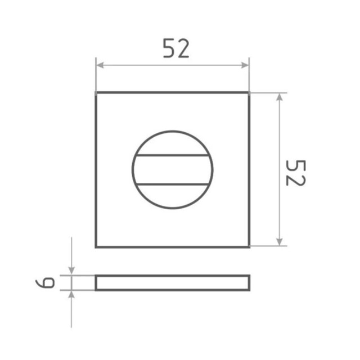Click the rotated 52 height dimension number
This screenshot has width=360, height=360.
click(x=294, y=172)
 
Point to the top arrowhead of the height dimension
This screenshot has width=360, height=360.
click(x=279, y=97)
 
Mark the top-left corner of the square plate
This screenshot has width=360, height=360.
click(x=96, y=93)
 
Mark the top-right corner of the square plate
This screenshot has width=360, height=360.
click(x=249, y=93)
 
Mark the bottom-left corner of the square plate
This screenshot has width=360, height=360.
click(x=96, y=246)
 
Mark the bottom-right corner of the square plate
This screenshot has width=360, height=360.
click(x=249, y=246)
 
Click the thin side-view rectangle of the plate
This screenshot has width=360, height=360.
click(x=172, y=283)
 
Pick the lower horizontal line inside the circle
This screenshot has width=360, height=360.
click(x=172, y=184)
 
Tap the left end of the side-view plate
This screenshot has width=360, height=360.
click(x=96, y=283)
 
